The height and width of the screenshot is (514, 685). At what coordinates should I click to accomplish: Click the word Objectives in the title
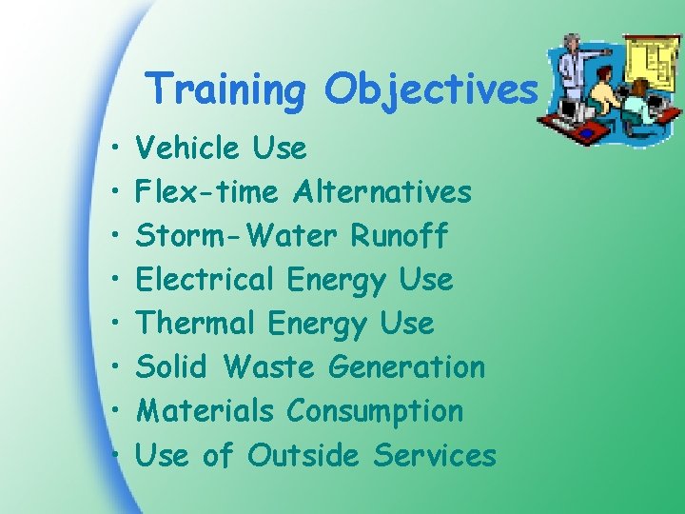click(x=430, y=91)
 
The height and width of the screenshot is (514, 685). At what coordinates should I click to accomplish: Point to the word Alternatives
click(x=382, y=192)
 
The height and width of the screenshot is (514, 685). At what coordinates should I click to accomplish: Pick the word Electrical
click(x=205, y=280)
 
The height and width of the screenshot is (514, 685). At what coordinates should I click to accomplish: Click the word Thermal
click(x=196, y=324)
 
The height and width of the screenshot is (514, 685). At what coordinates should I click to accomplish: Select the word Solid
click(x=174, y=367)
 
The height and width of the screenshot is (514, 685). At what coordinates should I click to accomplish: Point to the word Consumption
click(x=375, y=411)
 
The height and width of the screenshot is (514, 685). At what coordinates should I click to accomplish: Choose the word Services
click(x=435, y=455)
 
